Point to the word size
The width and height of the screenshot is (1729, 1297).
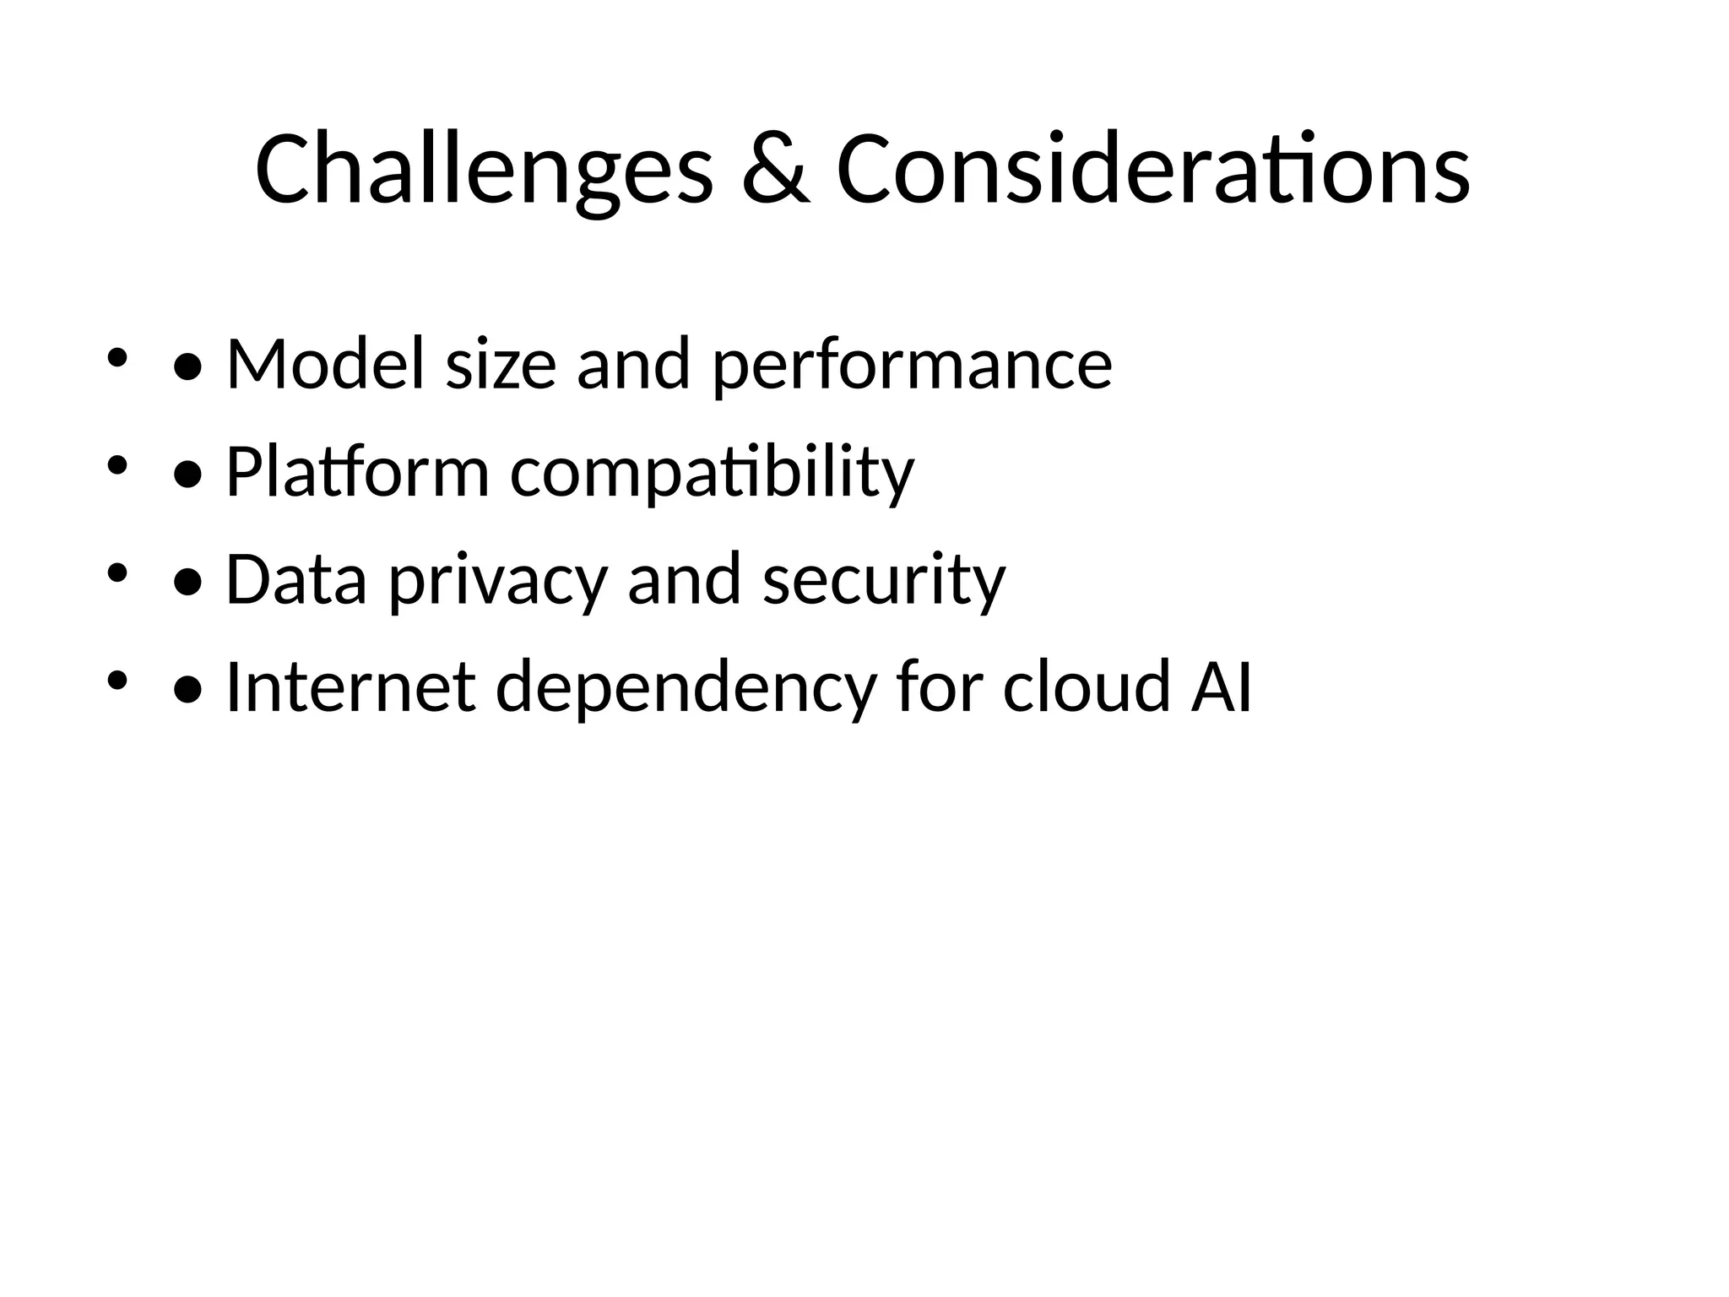[501, 364]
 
